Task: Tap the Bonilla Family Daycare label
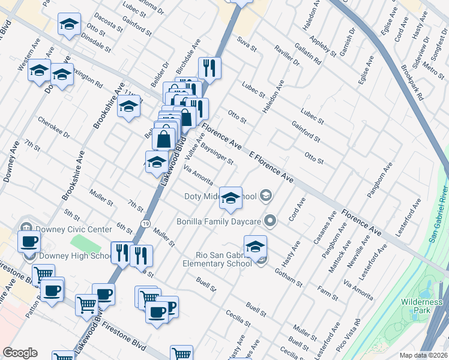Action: (218, 221)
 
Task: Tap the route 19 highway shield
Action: (146, 223)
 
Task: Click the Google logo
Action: (20, 353)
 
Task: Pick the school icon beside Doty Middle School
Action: (231, 197)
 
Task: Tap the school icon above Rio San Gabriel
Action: (255, 246)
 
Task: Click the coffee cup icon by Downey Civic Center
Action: (28, 242)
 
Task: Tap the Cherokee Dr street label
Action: (54, 128)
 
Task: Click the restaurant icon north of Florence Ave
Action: (209, 67)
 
